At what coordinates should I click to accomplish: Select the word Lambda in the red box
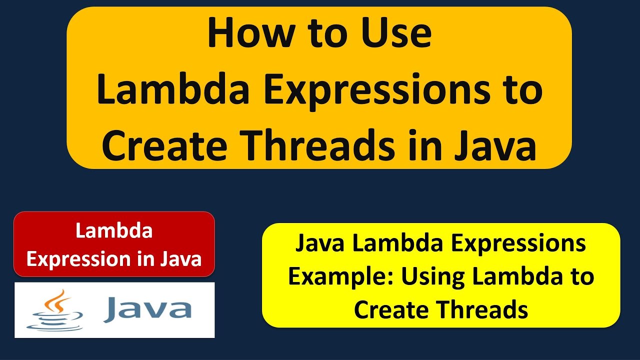tap(114, 231)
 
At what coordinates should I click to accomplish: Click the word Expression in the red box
tap(70, 259)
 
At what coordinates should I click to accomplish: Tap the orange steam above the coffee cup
tap(60, 300)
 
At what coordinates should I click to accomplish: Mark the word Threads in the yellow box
tap(482, 309)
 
